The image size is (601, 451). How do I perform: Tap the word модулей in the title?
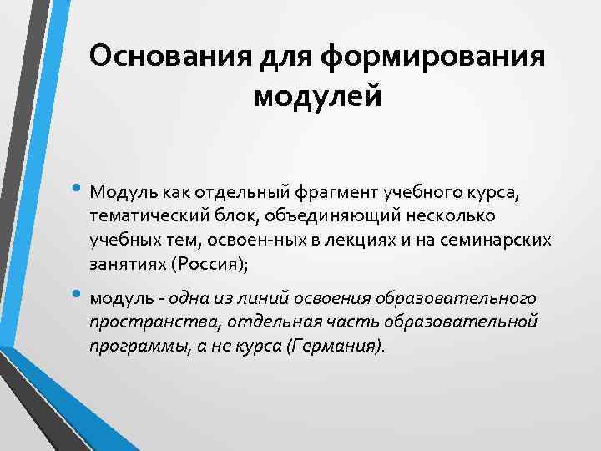click(317, 96)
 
